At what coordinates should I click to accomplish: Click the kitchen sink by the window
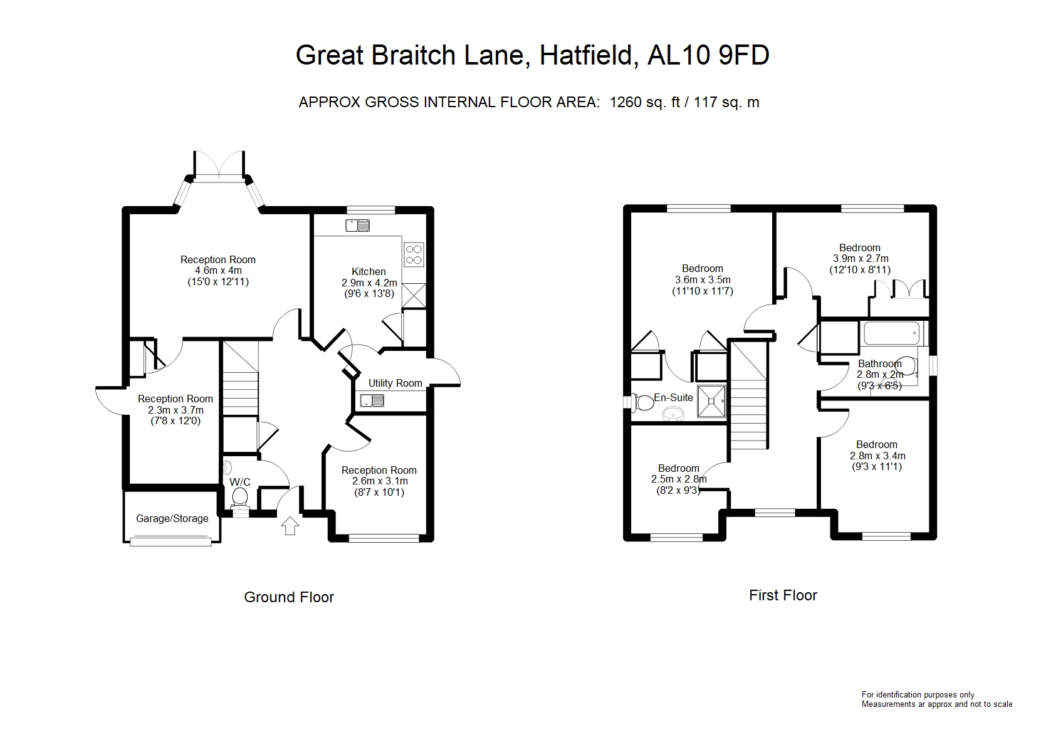(358, 225)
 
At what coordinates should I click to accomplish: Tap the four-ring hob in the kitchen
(414, 254)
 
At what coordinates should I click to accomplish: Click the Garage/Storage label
(172, 518)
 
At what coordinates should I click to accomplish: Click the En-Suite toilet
(642, 402)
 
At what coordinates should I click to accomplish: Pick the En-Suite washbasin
(674, 414)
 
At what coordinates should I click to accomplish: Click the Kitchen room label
(369, 271)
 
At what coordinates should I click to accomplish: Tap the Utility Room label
(395, 383)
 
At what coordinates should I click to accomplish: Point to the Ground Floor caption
(289, 597)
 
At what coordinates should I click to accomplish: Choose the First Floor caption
(783, 595)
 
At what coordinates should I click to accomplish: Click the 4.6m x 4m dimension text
(218, 271)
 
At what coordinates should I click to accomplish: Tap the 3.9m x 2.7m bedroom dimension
(860, 259)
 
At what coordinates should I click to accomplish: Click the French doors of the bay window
(219, 165)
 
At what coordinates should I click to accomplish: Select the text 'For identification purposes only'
(918, 694)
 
